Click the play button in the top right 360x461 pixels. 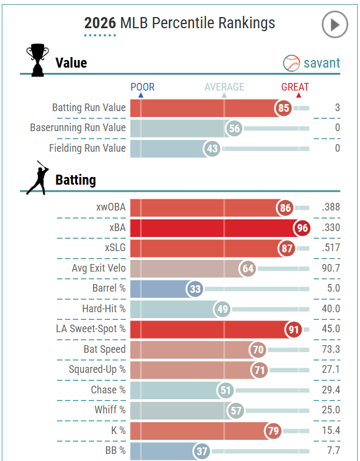[x=335, y=25]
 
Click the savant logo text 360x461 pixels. [x=321, y=62]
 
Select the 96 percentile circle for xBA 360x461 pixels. [x=302, y=228]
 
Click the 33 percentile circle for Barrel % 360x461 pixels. [x=195, y=289]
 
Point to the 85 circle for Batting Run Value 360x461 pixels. [x=284, y=108]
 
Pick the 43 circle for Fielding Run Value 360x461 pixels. [x=212, y=148]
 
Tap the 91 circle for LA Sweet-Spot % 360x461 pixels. [x=294, y=329]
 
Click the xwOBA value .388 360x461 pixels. [x=331, y=207]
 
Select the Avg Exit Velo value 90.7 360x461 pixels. [x=331, y=269]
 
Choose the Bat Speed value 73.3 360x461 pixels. [x=331, y=349]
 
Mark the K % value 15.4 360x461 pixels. [x=331, y=430]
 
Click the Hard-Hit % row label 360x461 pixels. [x=104, y=309]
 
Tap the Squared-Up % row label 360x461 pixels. [x=97, y=369]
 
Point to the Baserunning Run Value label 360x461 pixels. [x=78, y=128]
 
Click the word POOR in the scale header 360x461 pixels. [x=142, y=87]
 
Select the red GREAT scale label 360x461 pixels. [x=295, y=87]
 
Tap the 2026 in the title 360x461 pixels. [x=100, y=23]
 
